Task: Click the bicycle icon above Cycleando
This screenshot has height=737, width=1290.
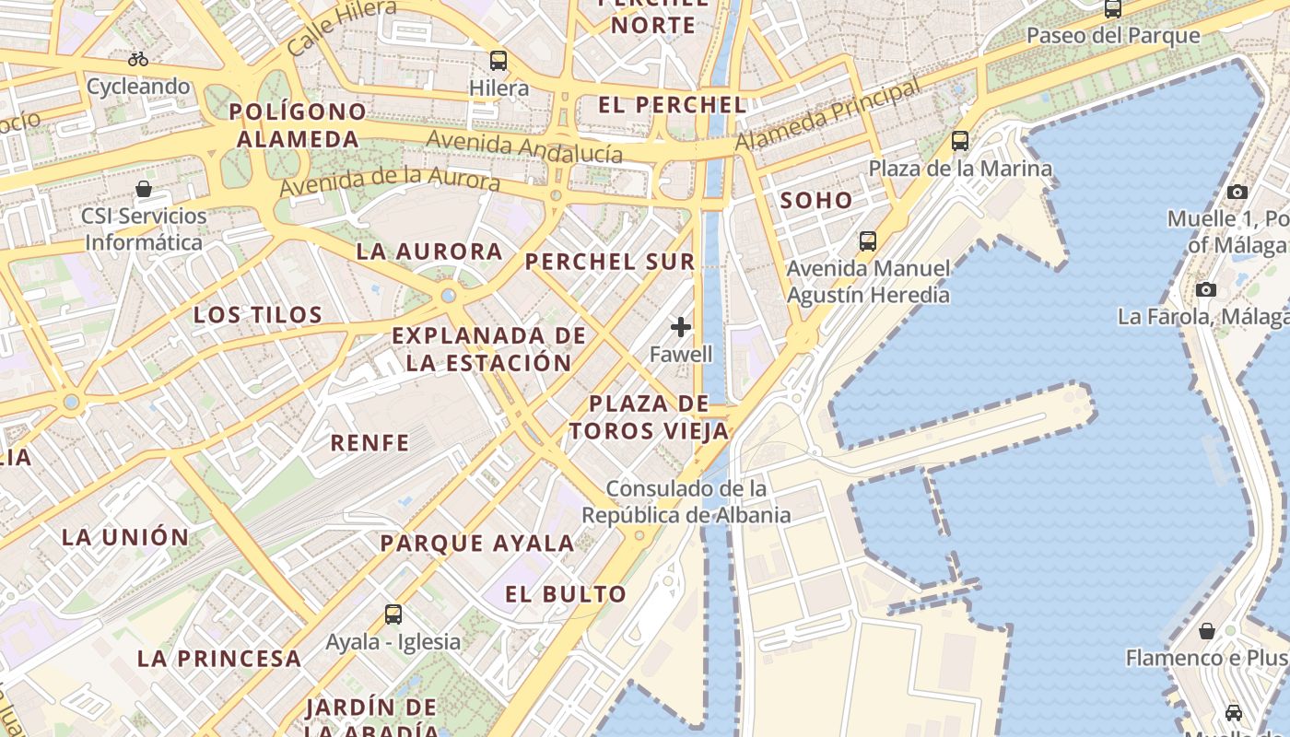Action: (x=138, y=59)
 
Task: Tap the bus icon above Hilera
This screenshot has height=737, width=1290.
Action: (x=498, y=61)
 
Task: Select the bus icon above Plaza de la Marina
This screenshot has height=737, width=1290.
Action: (x=960, y=141)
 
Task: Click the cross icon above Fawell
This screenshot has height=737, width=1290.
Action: (x=681, y=327)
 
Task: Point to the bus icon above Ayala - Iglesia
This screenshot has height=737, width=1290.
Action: (x=393, y=614)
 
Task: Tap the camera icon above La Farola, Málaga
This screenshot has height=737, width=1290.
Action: (x=1206, y=289)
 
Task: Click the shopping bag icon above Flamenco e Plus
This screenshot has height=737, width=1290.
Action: (x=1207, y=631)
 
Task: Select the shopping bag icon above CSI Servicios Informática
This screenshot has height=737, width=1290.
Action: (x=144, y=189)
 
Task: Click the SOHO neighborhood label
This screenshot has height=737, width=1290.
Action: (x=816, y=200)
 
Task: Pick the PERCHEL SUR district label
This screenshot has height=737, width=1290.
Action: (x=610, y=262)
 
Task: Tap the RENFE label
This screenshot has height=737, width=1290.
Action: (x=369, y=442)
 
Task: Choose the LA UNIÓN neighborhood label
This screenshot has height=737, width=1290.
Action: (x=125, y=536)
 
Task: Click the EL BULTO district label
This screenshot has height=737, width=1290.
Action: (x=566, y=594)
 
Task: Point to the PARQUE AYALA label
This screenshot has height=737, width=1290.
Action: (x=477, y=543)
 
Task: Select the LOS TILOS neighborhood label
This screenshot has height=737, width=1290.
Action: (x=258, y=315)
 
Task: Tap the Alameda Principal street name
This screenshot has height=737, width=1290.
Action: (x=827, y=116)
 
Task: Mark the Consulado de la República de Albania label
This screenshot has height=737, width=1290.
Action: (x=686, y=501)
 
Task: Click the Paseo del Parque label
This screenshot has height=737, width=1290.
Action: (x=1113, y=36)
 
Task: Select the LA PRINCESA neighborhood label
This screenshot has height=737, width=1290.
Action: (x=219, y=659)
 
